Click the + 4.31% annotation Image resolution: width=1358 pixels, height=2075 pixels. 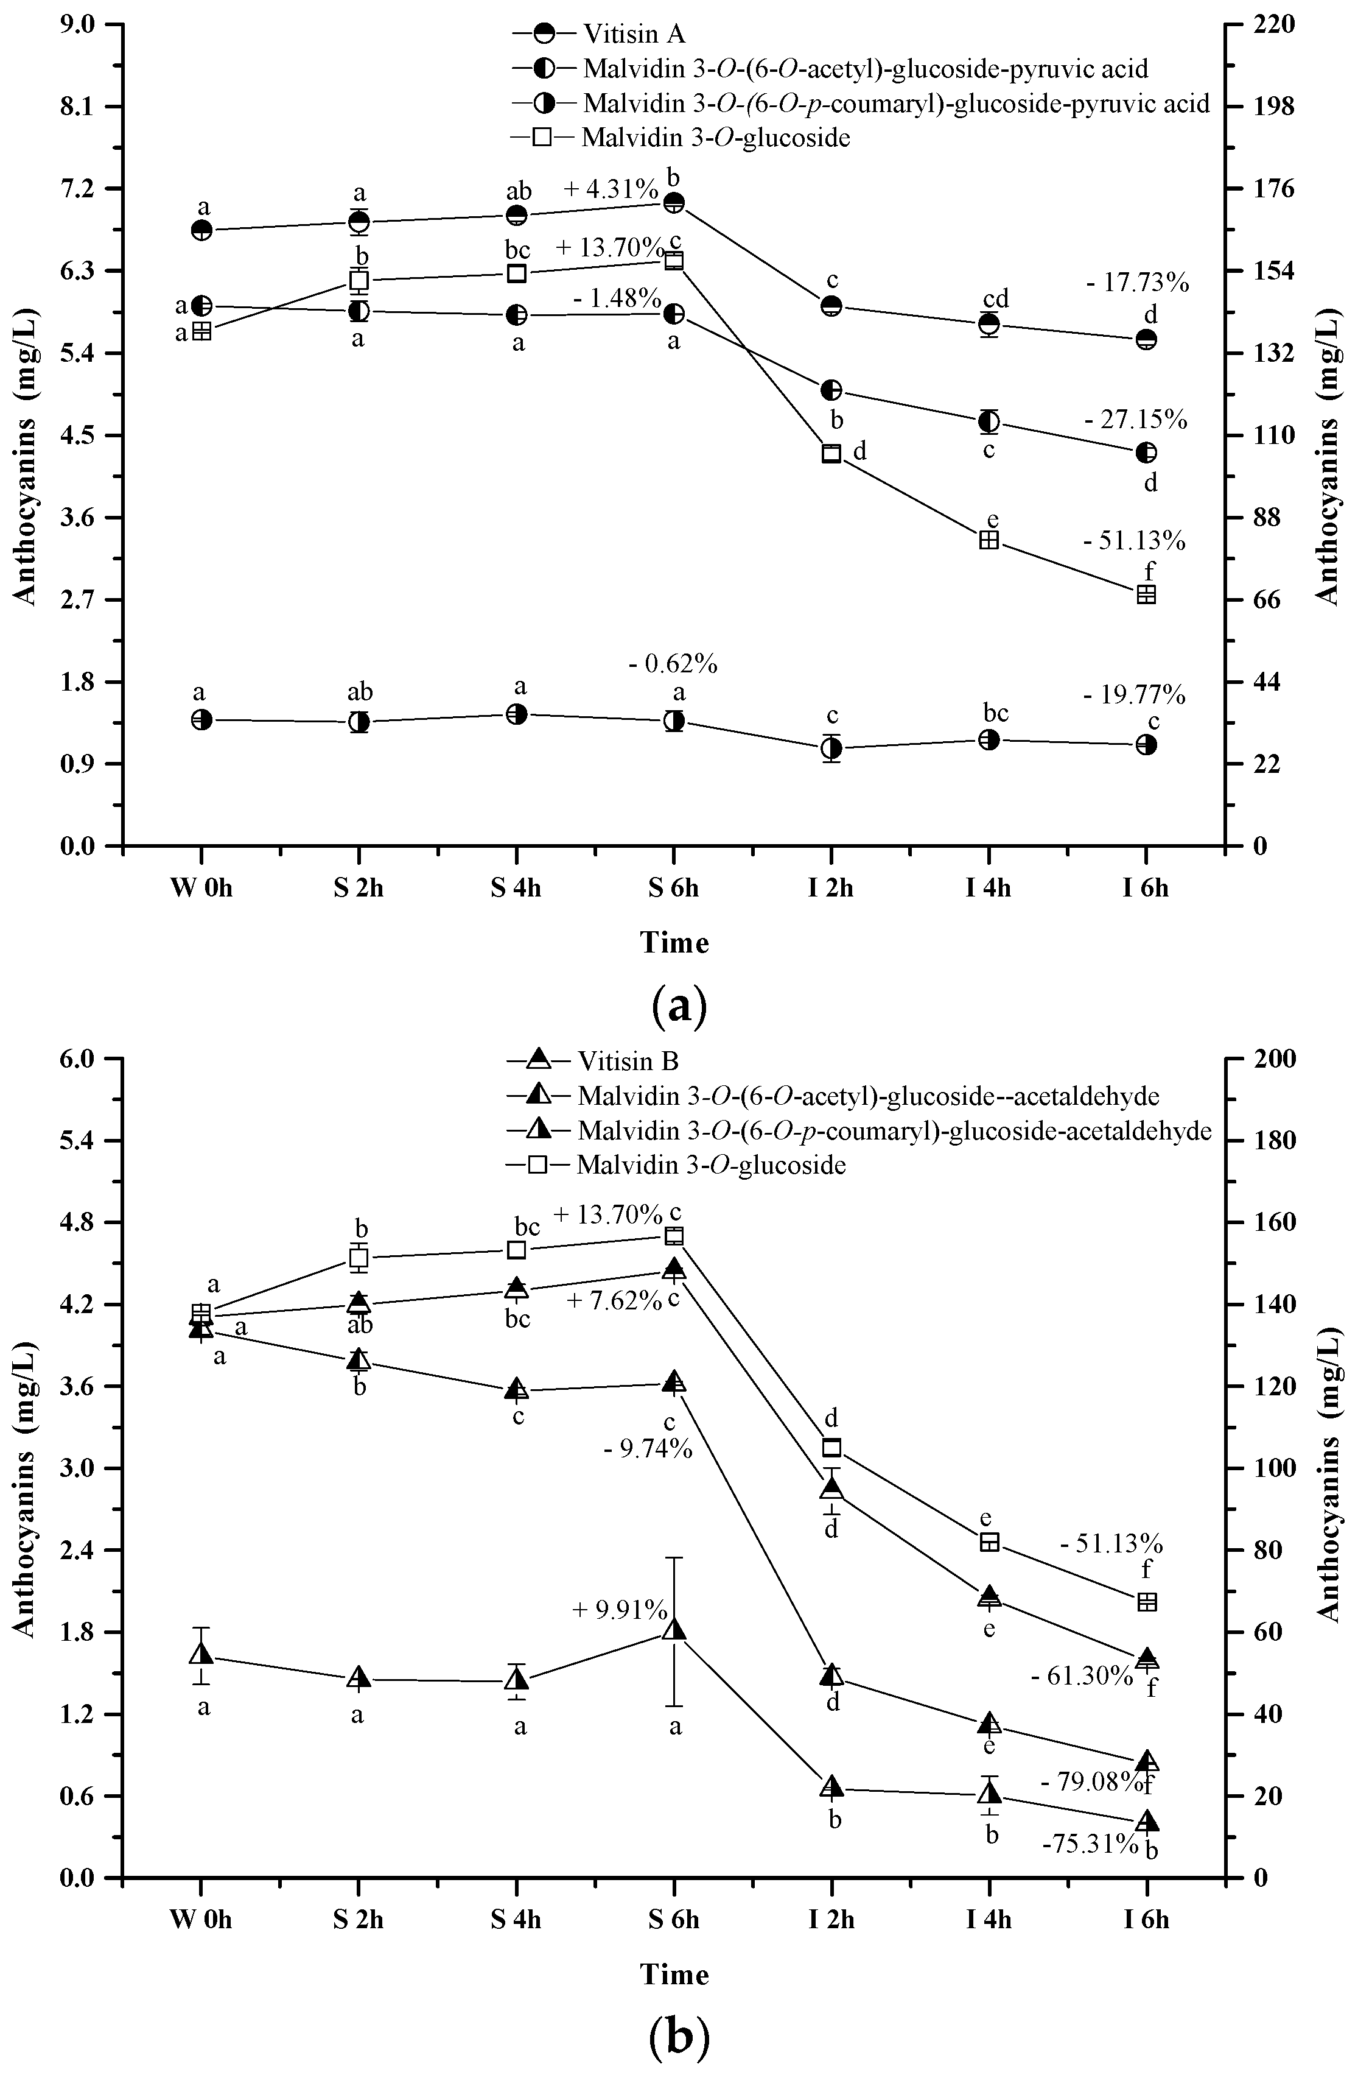point(610,189)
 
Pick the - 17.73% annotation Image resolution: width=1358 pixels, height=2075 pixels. point(1138,283)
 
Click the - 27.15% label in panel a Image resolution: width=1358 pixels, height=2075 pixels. point(1136,420)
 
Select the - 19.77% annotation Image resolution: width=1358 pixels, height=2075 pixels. point(1134,695)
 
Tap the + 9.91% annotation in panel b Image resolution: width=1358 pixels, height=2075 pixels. point(620,1610)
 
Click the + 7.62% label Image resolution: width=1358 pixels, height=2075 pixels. point(615,1301)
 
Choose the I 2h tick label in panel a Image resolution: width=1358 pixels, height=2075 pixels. point(831,889)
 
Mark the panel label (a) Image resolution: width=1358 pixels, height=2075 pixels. point(679,1006)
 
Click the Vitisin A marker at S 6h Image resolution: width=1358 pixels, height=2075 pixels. point(674,203)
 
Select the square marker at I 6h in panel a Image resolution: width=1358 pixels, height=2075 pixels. point(1146,594)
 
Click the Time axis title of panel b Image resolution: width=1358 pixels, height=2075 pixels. point(674,1975)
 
